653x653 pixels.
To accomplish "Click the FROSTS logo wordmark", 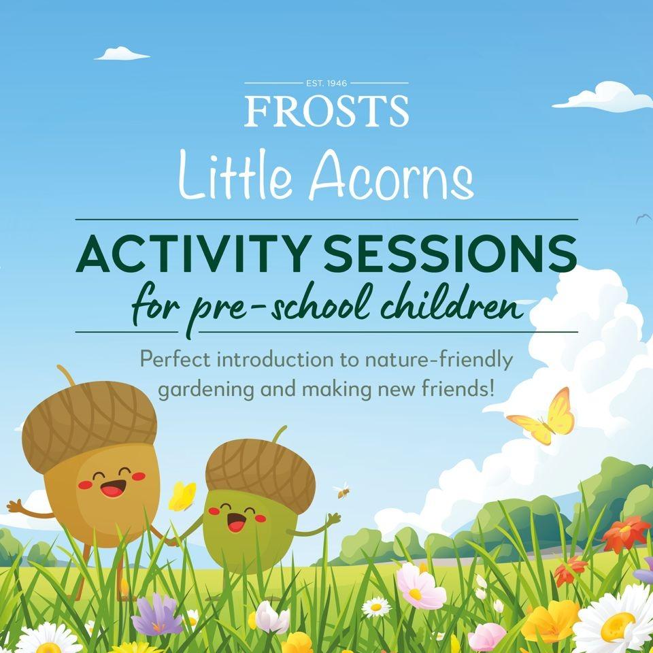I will point(326,111).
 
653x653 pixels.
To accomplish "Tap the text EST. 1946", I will point(326,83).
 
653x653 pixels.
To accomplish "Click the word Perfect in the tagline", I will point(174,358).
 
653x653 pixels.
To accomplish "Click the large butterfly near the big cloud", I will point(543,416).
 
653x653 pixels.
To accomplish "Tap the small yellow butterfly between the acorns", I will point(182,496).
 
